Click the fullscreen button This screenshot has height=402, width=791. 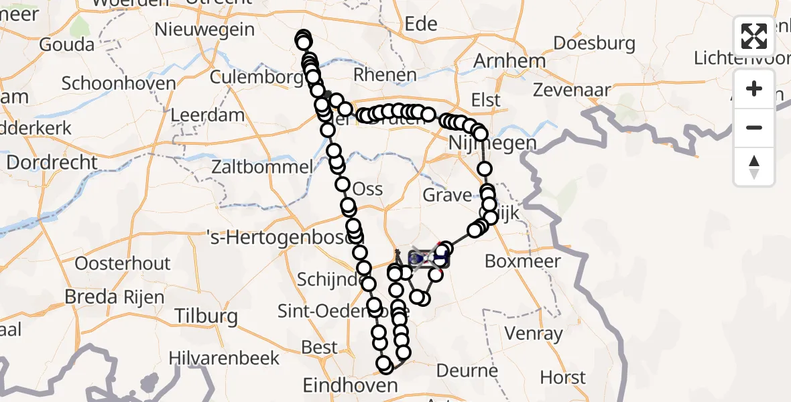point(754,36)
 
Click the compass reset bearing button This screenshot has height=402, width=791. point(754,167)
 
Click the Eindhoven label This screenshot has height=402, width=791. point(351,385)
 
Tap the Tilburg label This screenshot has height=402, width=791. point(206,316)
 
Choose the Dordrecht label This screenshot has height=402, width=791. point(52,163)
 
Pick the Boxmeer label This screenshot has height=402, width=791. point(522,261)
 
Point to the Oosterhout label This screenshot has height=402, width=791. point(123,263)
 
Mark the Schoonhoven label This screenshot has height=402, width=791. point(119,84)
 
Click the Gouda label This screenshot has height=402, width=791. point(67,45)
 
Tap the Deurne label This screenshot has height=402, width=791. point(467,371)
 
